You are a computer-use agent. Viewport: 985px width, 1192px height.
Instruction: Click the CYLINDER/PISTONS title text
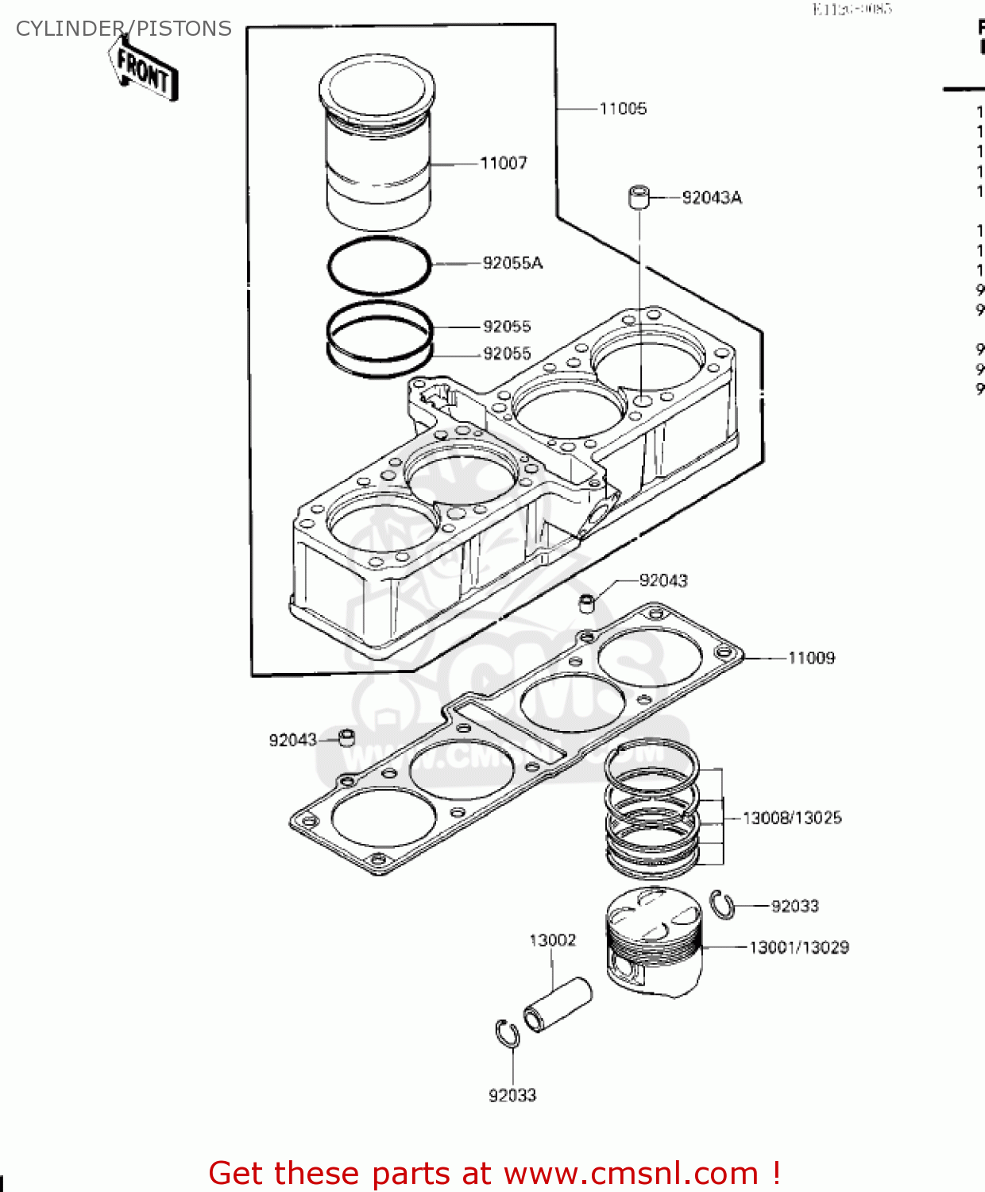(123, 29)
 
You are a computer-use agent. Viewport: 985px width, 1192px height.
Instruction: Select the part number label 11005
(623, 109)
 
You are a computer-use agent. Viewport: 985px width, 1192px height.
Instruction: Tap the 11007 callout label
(504, 163)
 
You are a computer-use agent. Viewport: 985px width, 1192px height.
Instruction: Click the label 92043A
(712, 198)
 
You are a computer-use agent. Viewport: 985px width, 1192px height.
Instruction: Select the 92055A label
(512, 263)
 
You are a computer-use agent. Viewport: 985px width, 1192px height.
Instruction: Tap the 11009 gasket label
(811, 658)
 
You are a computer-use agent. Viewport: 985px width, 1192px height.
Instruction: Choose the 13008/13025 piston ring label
(792, 818)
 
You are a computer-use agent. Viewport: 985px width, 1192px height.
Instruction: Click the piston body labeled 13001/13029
(654, 942)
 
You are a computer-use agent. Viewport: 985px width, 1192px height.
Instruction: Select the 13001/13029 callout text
(799, 947)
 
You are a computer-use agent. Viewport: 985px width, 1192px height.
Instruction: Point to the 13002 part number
(552, 940)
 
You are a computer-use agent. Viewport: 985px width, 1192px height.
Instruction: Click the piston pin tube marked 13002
(558, 1005)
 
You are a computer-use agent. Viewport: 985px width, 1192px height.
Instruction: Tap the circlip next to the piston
(722, 905)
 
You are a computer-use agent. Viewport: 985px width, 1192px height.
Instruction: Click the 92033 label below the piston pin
(512, 1095)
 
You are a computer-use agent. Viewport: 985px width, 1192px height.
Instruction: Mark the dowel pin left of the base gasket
(346, 737)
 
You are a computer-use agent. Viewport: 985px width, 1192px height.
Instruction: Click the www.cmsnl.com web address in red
(631, 1173)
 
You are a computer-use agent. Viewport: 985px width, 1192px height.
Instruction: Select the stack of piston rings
(651, 807)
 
